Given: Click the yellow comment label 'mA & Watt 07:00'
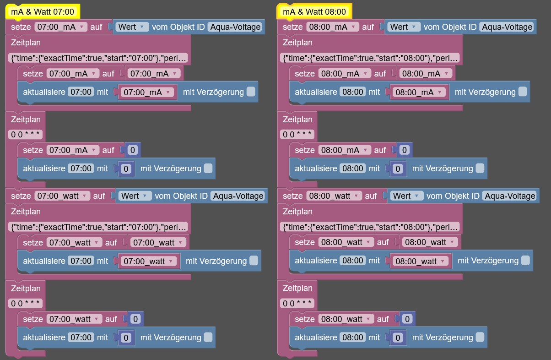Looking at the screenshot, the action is coord(43,11).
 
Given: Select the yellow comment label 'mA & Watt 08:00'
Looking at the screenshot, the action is coord(314,11).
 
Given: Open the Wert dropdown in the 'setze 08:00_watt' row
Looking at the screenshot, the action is coord(406,196).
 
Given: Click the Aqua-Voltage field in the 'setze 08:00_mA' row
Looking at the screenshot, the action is coord(507,27).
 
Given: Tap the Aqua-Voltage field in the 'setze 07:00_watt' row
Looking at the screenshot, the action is coord(238,196).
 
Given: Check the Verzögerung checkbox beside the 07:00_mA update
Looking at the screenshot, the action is coord(251,92).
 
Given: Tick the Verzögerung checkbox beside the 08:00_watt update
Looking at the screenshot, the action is coord(525,260).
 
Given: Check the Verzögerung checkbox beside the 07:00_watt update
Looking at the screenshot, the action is coord(254,260).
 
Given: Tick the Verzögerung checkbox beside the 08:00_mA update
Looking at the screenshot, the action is coord(523,92).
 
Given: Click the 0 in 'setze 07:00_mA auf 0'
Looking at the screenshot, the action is coord(133,150).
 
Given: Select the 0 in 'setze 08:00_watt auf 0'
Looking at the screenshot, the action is coord(407,319).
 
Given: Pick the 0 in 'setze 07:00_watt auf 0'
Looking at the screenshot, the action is coord(135,319).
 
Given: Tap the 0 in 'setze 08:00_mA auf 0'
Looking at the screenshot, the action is coord(405,150).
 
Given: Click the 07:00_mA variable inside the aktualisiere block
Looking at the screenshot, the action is coord(147,93).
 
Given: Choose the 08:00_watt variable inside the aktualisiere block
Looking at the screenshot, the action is coord(421,261).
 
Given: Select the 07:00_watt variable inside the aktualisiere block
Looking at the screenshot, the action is coord(149,261).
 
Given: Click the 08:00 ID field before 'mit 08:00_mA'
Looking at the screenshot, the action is coord(353,92).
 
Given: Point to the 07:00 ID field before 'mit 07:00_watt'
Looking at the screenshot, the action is coord(81,261).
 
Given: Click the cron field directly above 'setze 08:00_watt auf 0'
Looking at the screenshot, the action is coord(297,303).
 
